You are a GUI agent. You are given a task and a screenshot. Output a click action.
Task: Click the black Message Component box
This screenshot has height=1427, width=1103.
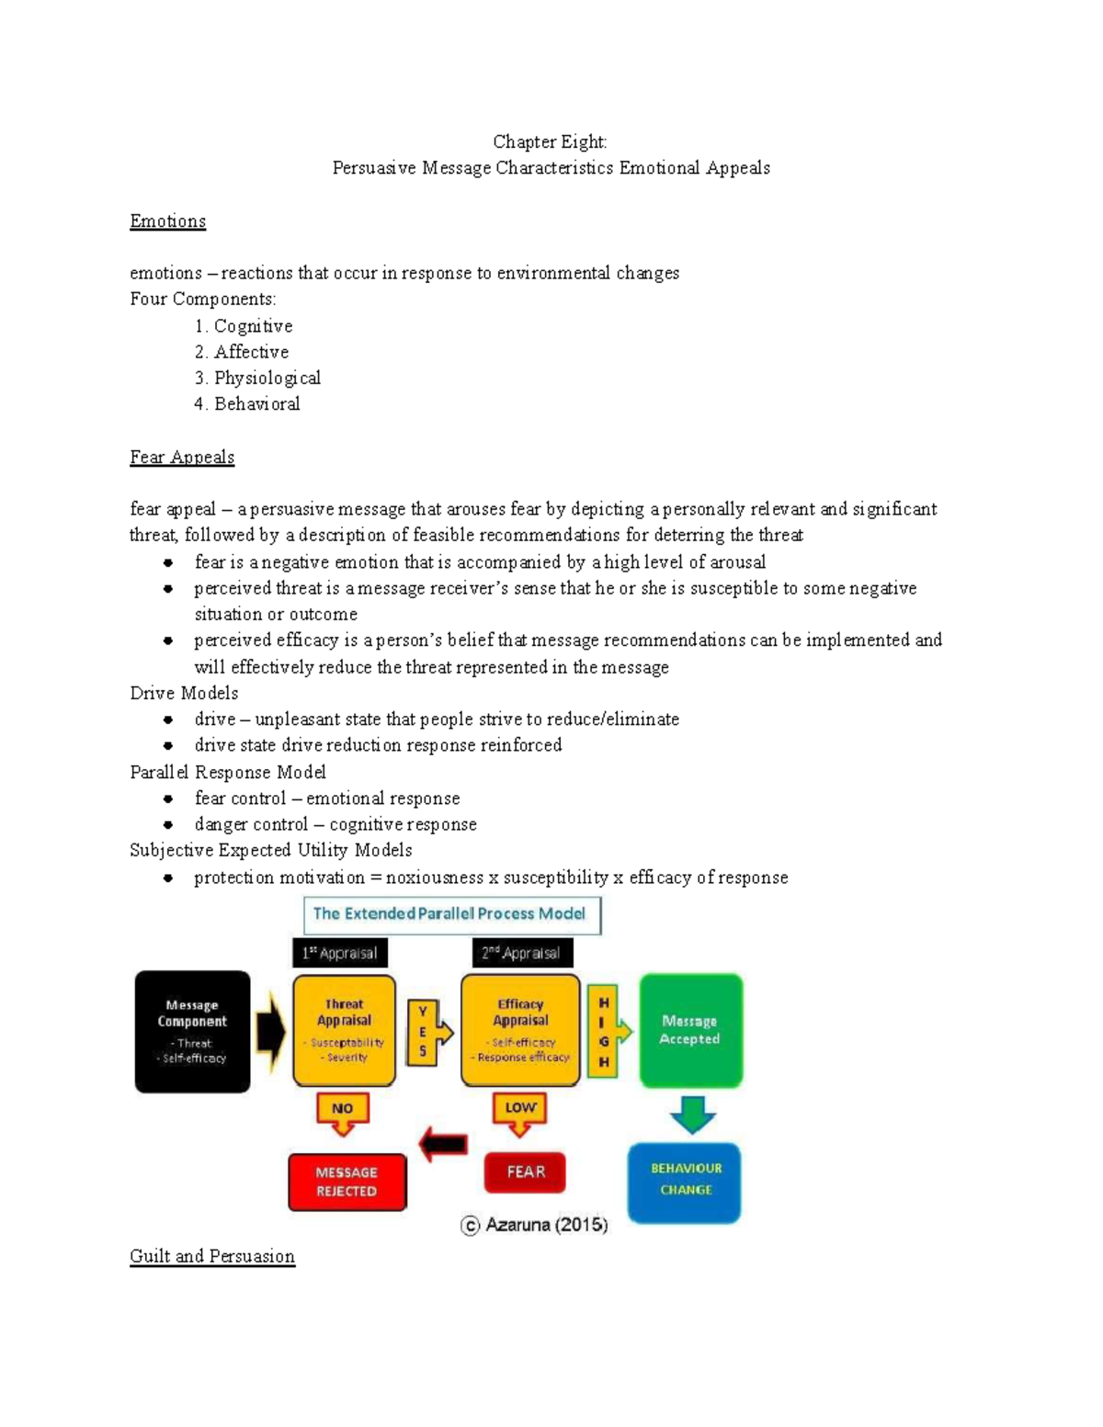(x=192, y=1031)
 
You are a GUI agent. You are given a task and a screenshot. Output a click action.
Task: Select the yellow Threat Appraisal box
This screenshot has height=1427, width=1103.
(x=344, y=1030)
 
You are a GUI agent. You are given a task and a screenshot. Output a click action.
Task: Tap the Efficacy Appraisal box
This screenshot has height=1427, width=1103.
(x=520, y=1030)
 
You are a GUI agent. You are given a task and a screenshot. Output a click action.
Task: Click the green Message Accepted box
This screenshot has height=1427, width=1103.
(x=690, y=1030)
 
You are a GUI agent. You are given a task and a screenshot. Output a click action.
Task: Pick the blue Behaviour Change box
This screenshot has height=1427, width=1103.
(x=685, y=1183)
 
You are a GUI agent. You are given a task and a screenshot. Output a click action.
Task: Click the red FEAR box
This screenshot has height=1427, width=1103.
(x=525, y=1172)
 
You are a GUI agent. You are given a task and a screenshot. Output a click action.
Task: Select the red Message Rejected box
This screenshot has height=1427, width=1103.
(x=347, y=1182)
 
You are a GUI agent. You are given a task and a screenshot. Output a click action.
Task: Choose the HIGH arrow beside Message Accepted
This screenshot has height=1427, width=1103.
(x=608, y=1031)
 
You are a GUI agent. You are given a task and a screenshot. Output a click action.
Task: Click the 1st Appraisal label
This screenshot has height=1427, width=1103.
(x=340, y=953)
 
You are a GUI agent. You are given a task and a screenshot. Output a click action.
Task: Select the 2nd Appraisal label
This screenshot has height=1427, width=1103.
(x=521, y=953)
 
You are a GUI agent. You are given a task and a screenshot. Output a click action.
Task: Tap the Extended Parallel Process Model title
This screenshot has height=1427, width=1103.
(x=450, y=914)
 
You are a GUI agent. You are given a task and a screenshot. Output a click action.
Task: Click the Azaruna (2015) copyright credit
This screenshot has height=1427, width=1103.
(x=534, y=1225)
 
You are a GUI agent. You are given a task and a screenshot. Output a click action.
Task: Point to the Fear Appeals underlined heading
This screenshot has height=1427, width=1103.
(x=182, y=458)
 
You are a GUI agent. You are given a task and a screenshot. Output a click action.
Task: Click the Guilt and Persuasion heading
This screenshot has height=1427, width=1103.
(x=212, y=1256)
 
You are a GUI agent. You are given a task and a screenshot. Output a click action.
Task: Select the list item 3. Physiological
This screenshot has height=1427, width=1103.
(x=257, y=378)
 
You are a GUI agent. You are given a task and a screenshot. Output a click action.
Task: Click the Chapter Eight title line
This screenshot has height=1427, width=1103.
(x=550, y=142)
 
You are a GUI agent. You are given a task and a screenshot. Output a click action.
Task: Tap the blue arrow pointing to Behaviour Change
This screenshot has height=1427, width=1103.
(x=691, y=1114)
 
